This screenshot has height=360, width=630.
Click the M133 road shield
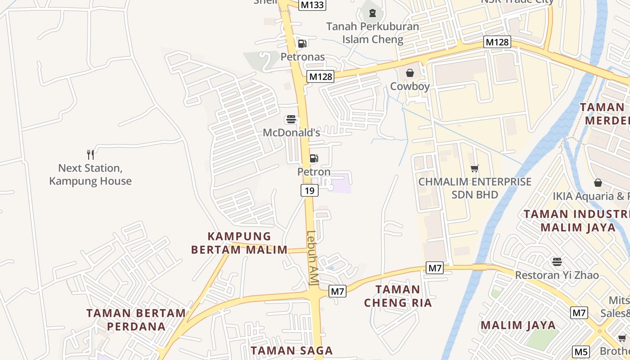pos(312,5)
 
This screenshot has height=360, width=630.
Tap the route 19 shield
pos(310,190)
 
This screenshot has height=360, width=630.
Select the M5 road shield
pos(581,352)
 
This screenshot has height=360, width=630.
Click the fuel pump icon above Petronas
pos(302,44)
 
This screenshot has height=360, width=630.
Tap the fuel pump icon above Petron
pos(314,158)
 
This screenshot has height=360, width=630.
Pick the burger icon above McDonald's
pos(291,120)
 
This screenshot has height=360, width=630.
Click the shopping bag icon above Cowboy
pos(410,73)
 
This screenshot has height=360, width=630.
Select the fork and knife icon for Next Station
pos(90,155)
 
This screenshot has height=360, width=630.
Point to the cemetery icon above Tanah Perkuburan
pos(373,13)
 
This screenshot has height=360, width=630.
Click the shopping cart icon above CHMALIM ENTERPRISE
pos(474,169)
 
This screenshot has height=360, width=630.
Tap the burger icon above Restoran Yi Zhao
pos(557,261)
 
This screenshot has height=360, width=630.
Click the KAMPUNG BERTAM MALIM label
pos(239,243)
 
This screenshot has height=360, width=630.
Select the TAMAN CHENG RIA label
pos(398,296)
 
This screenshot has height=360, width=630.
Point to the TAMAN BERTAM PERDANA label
pos(136,319)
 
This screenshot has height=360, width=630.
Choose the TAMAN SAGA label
pos(292,351)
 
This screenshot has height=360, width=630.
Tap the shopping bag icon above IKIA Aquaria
pos(598,183)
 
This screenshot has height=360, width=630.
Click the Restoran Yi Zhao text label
pos(557,275)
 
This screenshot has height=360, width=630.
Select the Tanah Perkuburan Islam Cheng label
pos(373,33)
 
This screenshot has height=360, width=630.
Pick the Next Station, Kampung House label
pos(90,175)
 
